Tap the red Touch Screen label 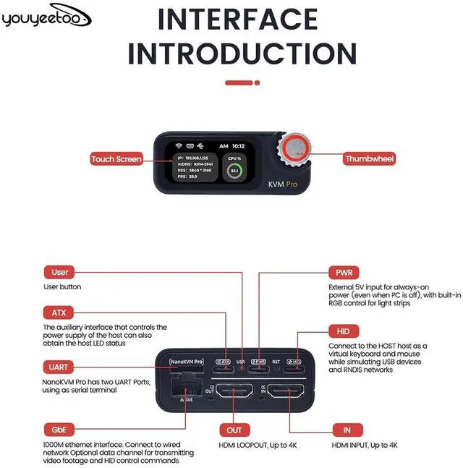(x=116, y=159)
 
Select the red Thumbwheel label (x=370, y=159)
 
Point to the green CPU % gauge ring (x=235, y=172)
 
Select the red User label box (x=60, y=273)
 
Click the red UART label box (x=60, y=367)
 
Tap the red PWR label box (x=344, y=273)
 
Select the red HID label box (x=344, y=331)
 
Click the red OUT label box (x=235, y=430)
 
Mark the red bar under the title (x=242, y=83)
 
